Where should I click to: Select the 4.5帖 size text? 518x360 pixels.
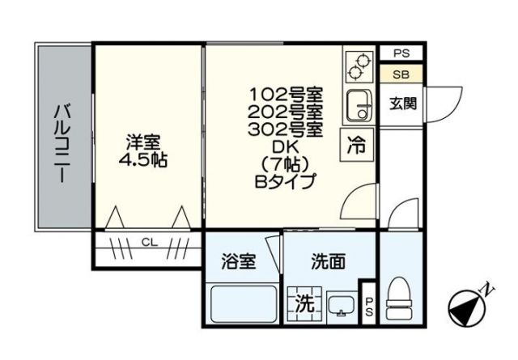click(x=142, y=159)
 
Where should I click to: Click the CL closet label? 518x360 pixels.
click(x=148, y=242)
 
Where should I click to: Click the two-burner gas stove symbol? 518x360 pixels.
click(x=356, y=66)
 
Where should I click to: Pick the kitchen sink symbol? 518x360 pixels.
click(x=357, y=104)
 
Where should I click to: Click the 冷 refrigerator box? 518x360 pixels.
click(x=356, y=146)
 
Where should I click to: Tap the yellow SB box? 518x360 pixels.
click(x=401, y=74)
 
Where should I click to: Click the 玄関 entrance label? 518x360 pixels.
click(x=402, y=103)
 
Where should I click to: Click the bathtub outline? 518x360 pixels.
click(x=240, y=303)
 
